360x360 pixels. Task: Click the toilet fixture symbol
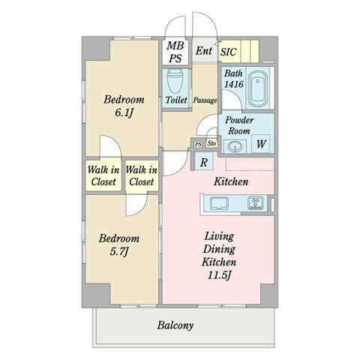(x=175, y=81)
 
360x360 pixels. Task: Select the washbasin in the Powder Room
(x=235, y=146)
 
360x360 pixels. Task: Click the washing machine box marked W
(x=261, y=144)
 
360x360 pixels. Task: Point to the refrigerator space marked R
(x=204, y=162)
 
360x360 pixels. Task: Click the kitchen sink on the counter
(x=219, y=202)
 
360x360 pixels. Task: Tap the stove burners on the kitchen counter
(x=256, y=202)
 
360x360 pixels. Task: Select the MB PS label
(x=175, y=52)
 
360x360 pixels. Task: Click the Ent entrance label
(x=204, y=51)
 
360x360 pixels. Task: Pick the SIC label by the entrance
(x=228, y=52)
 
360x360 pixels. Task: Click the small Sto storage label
(x=211, y=144)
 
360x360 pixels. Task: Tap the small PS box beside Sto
(x=199, y=145)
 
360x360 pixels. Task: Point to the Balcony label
(x=175, y=325)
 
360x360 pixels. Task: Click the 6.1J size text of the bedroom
(x=124, y=113)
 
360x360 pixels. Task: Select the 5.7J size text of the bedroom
(x=119, y=252)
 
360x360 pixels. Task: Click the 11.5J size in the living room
(x=219, y=275)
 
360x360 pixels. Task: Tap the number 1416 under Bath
(x=234, y=84)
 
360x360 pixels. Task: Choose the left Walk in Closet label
(x=103, y=175)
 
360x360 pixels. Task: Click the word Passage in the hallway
(x=205, y=100)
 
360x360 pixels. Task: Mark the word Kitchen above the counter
(x=231, y=181)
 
